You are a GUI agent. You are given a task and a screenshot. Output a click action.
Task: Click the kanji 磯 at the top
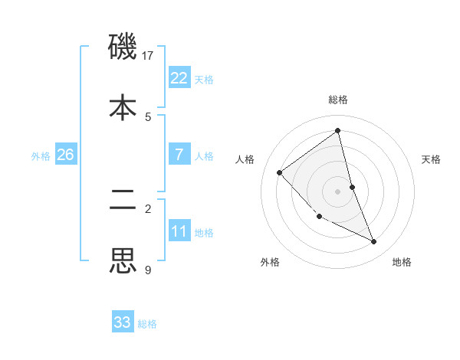coord(123,47)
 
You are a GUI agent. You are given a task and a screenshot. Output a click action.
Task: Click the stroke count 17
coord(149,55)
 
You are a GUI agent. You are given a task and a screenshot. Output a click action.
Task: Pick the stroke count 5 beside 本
coord(148,116)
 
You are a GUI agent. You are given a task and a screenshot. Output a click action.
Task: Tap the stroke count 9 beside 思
coord(148,270)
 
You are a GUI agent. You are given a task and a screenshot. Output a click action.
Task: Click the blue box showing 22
coord(179,77)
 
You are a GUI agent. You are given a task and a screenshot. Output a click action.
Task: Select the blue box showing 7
coord(179,154)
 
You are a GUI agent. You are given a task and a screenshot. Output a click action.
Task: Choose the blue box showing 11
coord(179,231)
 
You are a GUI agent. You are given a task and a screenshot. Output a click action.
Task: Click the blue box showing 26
coord(65,154)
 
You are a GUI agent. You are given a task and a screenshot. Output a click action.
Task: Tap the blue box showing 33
coord(123,322)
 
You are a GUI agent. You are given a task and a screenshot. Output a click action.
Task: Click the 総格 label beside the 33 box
coord(147,324)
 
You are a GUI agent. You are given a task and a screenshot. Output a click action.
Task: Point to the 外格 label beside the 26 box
coord(41,155)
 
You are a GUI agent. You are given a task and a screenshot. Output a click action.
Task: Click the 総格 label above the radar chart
coord(338,100)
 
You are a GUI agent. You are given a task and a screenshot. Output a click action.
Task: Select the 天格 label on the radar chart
coord(431,159)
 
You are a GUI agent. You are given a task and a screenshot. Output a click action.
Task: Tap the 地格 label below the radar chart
coord(402,262)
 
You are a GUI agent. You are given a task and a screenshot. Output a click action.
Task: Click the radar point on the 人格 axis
coord(280,172)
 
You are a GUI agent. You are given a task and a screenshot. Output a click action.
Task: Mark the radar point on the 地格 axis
coord(374,241)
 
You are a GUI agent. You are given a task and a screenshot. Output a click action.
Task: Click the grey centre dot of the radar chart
coord(338,191)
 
